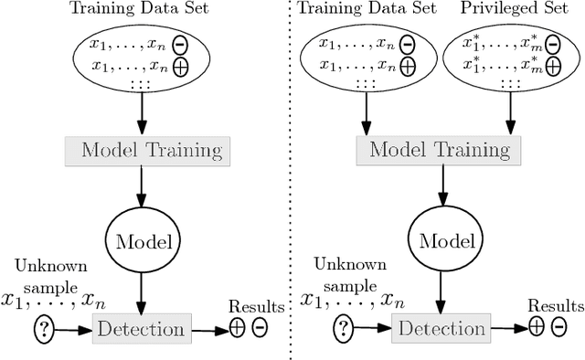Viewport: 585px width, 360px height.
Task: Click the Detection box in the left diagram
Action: (141, 327)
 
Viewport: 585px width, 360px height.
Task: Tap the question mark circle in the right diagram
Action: (342, 327)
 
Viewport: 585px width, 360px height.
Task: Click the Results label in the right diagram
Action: (552, 307)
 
